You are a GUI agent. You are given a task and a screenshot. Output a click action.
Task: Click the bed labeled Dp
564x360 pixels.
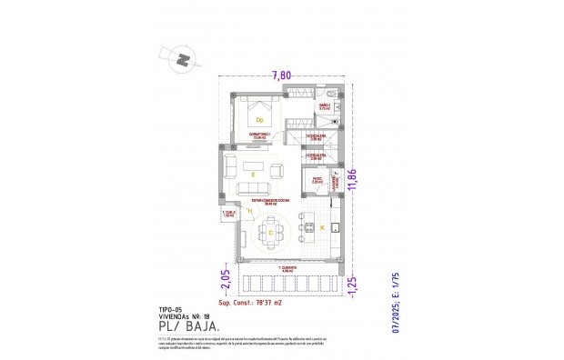click(x=259, y=118)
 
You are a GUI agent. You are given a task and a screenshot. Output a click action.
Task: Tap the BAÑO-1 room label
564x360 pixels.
click(x=324, y=107)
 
